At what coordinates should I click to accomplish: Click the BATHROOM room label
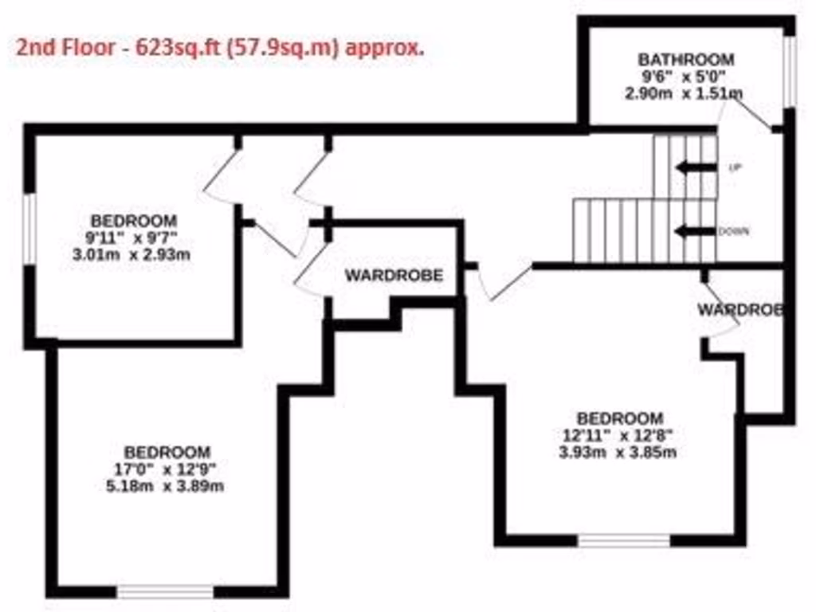685,60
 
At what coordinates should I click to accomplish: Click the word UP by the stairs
735,167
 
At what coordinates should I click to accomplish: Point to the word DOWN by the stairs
733,232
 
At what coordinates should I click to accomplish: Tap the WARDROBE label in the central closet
394,276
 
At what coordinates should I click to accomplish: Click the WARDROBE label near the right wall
740,309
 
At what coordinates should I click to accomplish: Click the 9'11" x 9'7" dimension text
133,237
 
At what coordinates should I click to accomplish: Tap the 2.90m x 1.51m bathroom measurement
684,93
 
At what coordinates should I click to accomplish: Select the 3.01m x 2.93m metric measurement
133,255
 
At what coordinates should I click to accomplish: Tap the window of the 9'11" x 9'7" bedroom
28,229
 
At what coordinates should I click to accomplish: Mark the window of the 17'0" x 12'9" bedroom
166,591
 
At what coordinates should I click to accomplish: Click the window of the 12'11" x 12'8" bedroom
624,540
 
